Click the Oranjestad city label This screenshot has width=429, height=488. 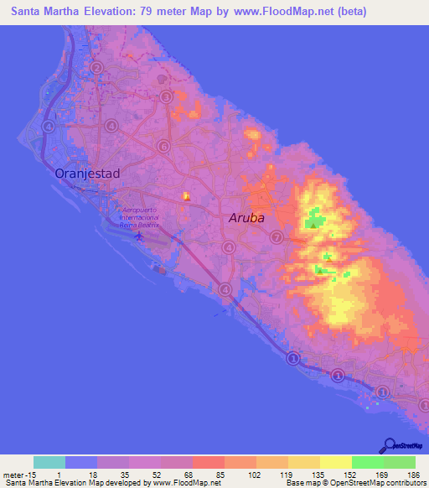coord(87,174)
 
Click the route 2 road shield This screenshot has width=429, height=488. coord(97,68)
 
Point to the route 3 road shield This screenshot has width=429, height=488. coord(167,97)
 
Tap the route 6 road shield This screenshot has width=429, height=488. coord(163,145)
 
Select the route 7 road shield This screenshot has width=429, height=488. coord(277,237)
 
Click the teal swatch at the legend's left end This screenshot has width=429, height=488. coord(49,462)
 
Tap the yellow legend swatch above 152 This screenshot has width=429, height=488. coord(335,462)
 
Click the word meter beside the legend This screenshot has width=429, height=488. coord(13,474)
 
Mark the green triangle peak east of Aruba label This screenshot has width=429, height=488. coord(313,223)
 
